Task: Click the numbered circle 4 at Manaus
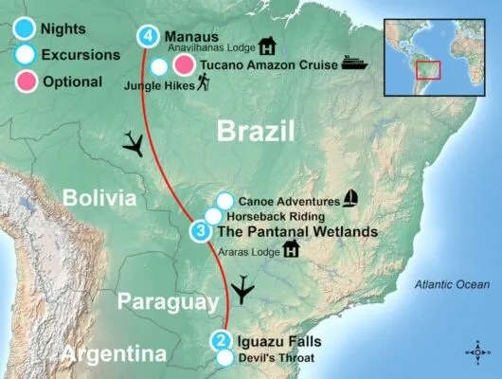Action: [147, 37]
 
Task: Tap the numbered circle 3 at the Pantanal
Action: [201, 230]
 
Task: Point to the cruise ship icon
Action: [352, 63]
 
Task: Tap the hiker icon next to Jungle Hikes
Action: [204, 84]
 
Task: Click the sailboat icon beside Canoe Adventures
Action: [351, 199]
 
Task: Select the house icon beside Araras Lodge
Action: [291, 249]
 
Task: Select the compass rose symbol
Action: [479, 353]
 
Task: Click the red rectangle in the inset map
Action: [429, 73]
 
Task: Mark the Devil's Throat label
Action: [272, 358]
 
